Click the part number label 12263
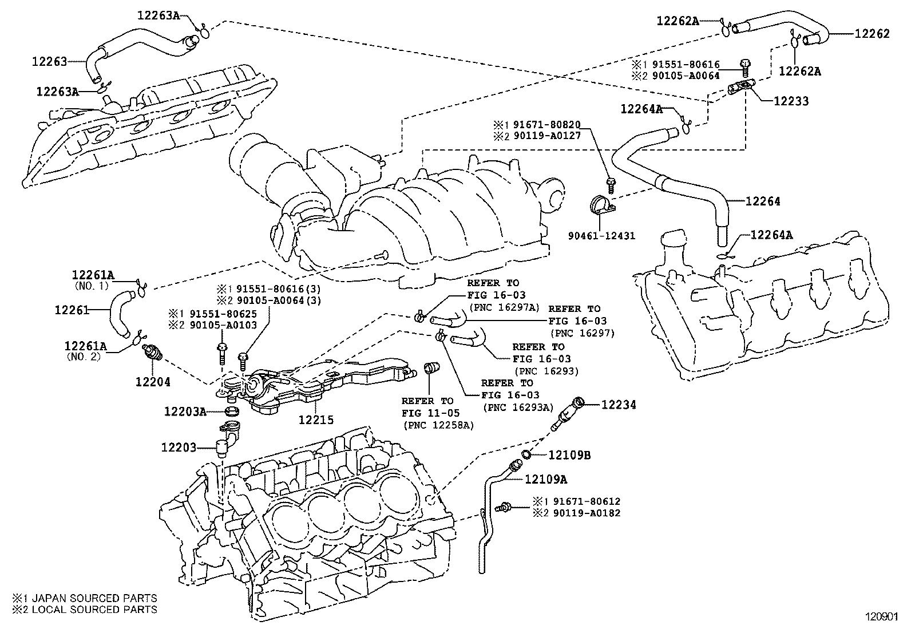(x=49, y=61)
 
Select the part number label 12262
(x=872, y=34)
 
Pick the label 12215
(x=316, y=420)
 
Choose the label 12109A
(x=546, y=479)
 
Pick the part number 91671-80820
(x=546, y=125)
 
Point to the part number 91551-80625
(x=223, y=314)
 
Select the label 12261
(x=72, y=310)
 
